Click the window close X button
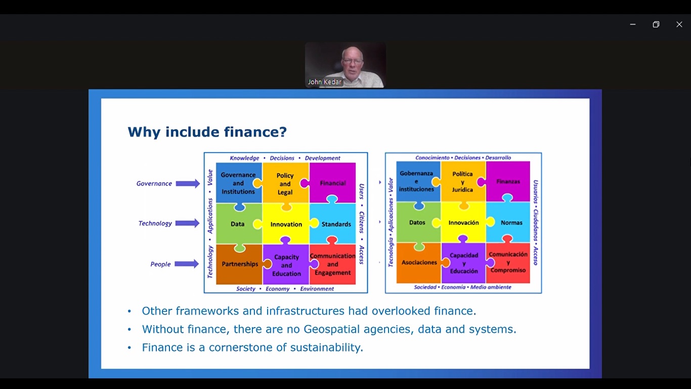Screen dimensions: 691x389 tap(679, 24)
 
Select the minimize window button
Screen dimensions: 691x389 tap(633, 24)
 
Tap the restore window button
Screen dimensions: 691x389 tap(656, 24)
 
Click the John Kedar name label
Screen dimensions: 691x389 tap(325, 82)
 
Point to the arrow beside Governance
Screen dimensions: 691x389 tap(188, 183)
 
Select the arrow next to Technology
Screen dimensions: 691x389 tap(188, 223)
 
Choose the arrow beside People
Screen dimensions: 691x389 tap(187, 264)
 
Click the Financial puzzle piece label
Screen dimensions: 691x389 tap(332, 183)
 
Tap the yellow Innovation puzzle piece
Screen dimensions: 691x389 tap(286, 224)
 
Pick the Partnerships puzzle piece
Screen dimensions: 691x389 tap(239, 264)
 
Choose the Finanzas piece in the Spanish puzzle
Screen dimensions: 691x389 tap(508, 181)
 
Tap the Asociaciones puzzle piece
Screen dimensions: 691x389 tap(419, 263)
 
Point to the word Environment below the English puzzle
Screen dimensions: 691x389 tap(317, 289)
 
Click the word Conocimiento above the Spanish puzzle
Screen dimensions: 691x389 tap(433, 158)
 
